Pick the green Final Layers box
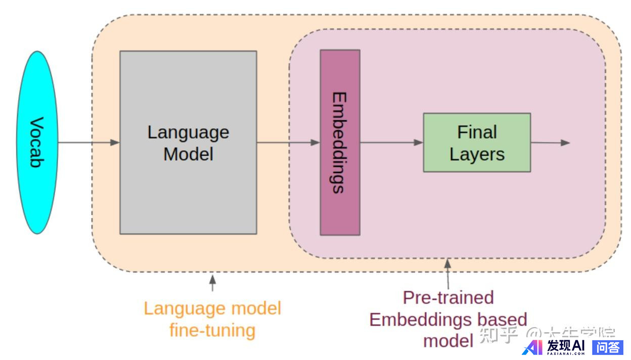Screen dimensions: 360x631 (477, 143)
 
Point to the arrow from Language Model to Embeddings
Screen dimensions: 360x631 (288, 143)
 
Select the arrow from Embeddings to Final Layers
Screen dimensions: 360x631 (391, 143)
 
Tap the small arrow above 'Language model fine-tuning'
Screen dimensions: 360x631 (212, 283)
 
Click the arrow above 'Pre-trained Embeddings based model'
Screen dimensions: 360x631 (447, 274)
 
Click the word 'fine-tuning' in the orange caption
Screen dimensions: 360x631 (212, 331)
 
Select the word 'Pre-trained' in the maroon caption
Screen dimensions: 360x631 (448, 297)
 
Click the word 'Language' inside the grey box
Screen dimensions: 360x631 (188, 132)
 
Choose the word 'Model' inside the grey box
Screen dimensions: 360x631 (188, 154)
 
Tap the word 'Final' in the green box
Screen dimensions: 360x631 (477, 132)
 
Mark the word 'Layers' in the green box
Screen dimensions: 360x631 (477, 154)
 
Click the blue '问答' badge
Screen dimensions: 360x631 (607, 347)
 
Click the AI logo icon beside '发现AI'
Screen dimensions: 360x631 (532, 347)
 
